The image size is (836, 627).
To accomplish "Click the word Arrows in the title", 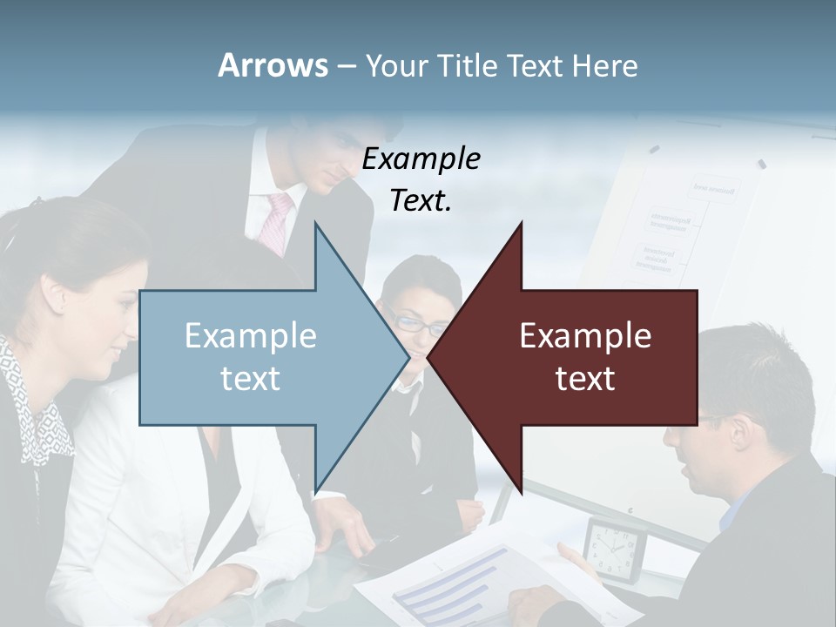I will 273,65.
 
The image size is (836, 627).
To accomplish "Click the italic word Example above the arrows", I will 421,159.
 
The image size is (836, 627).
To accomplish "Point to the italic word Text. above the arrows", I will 421,201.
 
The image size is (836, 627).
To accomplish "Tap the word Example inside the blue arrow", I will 251,335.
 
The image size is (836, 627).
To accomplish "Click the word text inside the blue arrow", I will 251,378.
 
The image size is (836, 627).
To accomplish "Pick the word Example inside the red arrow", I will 585,335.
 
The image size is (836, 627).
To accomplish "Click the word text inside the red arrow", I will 585,378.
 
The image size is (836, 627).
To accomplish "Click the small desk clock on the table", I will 615,549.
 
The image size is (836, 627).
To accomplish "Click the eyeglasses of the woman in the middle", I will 408,321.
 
